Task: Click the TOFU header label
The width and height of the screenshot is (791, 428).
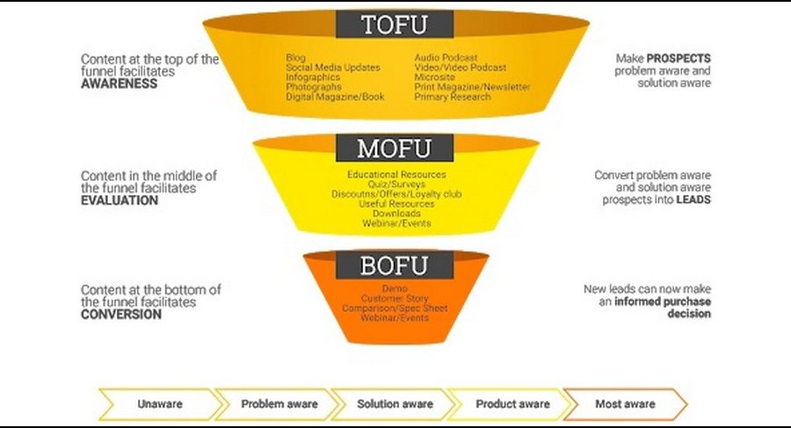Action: click(395, 24)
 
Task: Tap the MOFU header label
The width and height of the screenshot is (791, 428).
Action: click(395, 147)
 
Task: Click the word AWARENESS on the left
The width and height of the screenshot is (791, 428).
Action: click(120, 83)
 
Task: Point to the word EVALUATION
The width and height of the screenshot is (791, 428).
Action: click(120, 199)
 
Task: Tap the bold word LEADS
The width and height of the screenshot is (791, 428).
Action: click(693, 199)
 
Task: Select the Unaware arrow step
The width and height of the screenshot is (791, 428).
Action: click(159, 404)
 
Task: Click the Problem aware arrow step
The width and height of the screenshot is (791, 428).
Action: click(279, 404)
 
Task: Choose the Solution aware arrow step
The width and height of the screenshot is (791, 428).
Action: click(395, 404)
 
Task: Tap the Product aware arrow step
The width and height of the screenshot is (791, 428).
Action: click(512, 404)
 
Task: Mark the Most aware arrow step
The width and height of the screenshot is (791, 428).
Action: click(624, 404)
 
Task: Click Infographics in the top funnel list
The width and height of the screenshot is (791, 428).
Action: click(312, 77)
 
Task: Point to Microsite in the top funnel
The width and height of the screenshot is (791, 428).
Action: click(435, 77)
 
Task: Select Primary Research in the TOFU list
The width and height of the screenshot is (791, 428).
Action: click(453, 97)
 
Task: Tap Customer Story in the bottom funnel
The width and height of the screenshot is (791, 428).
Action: click(395, 299)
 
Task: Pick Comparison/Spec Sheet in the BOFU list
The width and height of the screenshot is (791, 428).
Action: click(395, 308)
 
